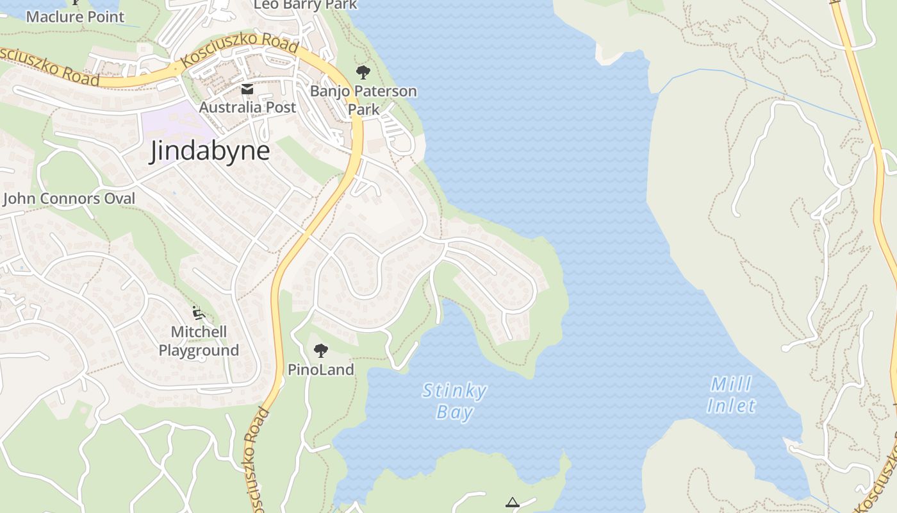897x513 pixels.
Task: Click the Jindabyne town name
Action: (210, 151)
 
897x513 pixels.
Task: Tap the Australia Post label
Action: (247, 107)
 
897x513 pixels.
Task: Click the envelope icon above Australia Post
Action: (247, 89)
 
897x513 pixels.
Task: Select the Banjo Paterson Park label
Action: (363, 100)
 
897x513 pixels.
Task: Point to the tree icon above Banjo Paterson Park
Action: (363, 72)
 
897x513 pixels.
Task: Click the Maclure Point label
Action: (75, 17)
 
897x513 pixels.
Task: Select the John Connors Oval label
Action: (69, 199)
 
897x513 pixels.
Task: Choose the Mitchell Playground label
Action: (199, 341)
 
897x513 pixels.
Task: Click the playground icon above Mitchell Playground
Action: (199, 313)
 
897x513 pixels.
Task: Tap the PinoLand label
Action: (320, 369)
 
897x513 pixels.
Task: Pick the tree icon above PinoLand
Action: (320, 350)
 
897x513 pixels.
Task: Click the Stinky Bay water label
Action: (455, 401)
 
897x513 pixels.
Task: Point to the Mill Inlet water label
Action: (731, 395)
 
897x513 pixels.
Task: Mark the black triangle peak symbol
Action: (512, 502)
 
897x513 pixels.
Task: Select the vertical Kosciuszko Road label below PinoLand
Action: (256, 458)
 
